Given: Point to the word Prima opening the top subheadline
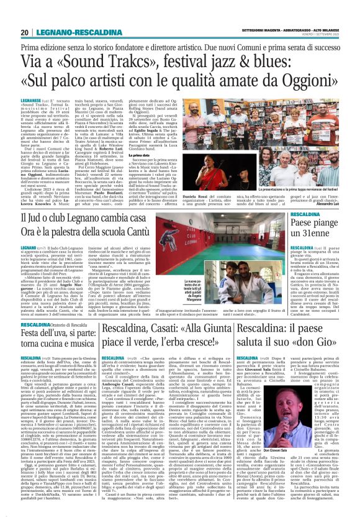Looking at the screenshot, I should (x=32, y=46).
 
